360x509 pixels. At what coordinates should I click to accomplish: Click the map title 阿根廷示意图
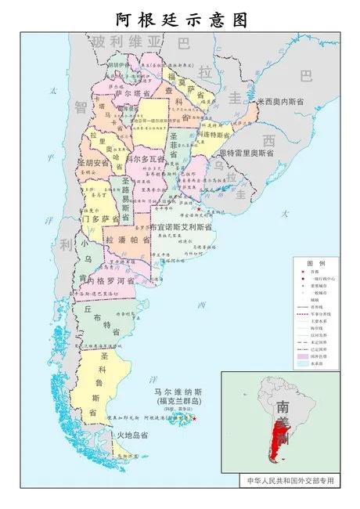point(179,18)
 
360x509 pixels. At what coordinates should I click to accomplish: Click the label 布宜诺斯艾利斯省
point(181,226)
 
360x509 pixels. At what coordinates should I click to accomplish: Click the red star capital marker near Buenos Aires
point(199,209)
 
